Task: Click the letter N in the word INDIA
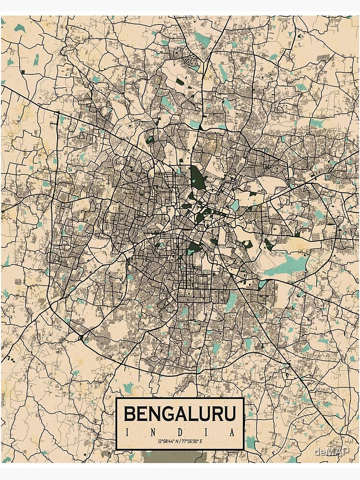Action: pyautogui.click(x=153, y=432)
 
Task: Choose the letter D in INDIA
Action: pyautogui.click(x=180, y=432)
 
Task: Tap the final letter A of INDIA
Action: pyautogui.click(x=233, y=432)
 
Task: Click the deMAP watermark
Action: pyautogui.click(x=334, y=451)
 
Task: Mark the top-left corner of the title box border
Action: pyautogui.click(x=117, y=398)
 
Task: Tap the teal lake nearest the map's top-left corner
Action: pyautogui.click(x=19, y=28)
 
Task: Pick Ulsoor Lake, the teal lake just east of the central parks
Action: pyautogui.click(x=235, y=205)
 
